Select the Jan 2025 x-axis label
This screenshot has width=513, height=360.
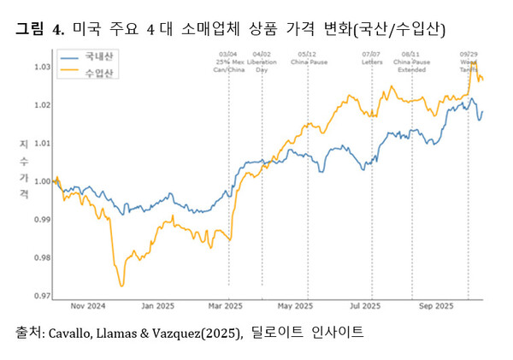[x=158, y=305]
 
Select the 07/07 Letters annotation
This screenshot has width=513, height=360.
[x=373, y=58]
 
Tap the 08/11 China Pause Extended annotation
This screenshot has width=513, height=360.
[x=412, y=62]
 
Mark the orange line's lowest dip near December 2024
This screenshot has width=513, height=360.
[x=121, y=285]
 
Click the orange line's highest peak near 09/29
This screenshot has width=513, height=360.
[x=473, y=62]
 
